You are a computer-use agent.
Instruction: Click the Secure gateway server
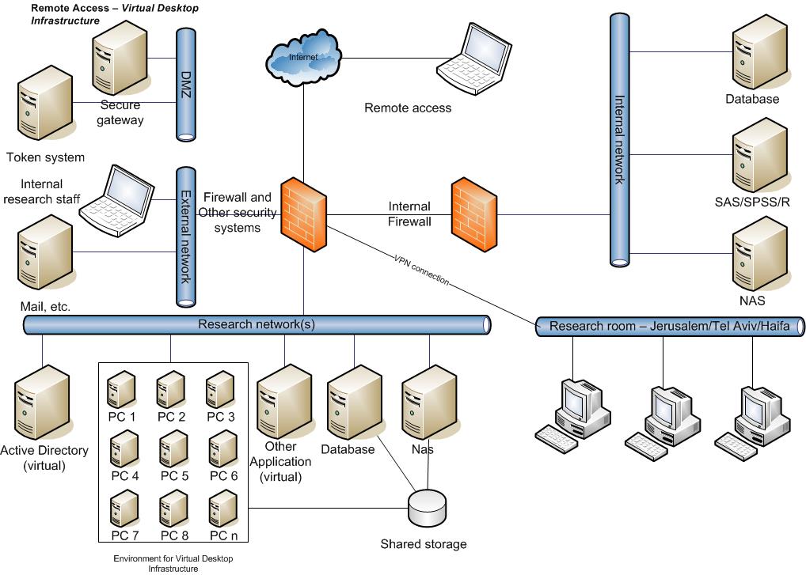(120, 59)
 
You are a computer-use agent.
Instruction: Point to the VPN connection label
(420, 269)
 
